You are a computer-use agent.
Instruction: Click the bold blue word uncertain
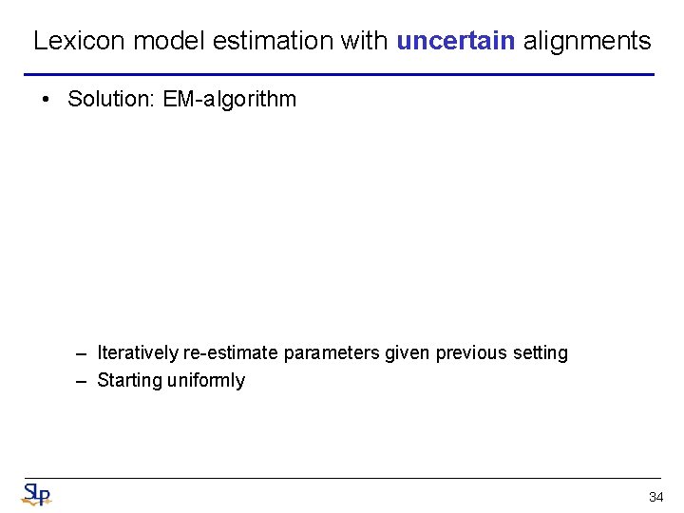click(456, 41)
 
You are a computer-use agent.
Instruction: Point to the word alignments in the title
click(587, 41)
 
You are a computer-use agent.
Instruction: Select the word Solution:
click(112, 99)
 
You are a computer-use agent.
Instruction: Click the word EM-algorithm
click(230, 99)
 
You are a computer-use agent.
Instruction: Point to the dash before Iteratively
click(83, 353)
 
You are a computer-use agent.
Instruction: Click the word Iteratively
click(138, 353)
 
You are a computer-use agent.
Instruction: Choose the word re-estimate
click(231, 353)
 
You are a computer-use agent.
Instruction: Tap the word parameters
click(332, 353)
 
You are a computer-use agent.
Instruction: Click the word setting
click(541, 353)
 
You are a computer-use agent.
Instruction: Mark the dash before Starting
click(83, 381)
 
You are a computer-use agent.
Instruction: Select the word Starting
click(130, 381)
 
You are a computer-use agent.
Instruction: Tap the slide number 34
click(655, 497)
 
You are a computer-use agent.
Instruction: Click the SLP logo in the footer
click(37, 494)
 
